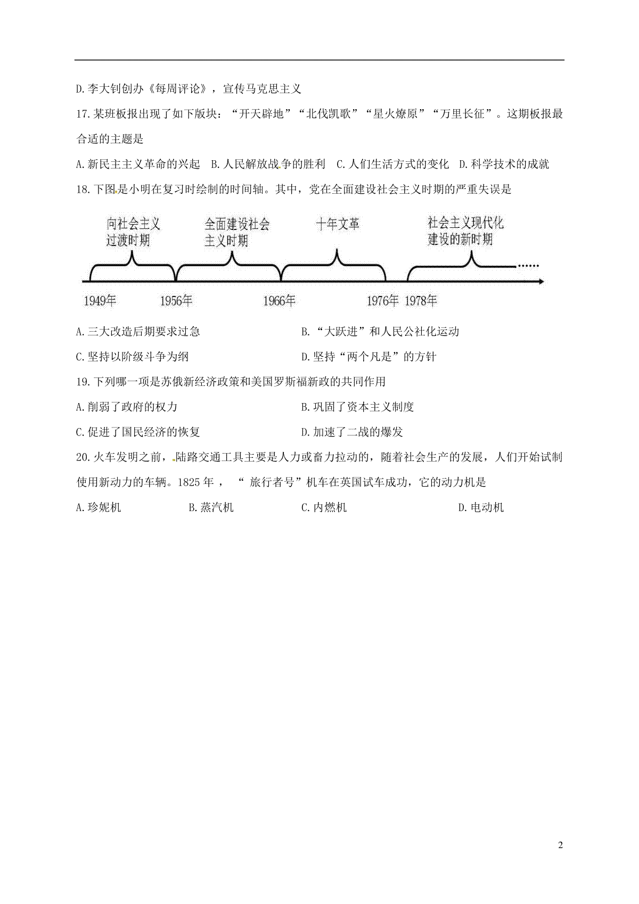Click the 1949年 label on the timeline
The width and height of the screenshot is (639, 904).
point(100,301)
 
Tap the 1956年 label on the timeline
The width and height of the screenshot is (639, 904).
point(176,301)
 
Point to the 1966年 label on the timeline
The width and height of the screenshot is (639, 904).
point(280,301)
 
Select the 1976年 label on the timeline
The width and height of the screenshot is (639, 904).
point(382,301)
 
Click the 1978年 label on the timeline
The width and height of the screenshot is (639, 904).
point(421,301)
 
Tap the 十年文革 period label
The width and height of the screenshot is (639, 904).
point(338,224)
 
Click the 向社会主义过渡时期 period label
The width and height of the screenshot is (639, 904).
point(133,232)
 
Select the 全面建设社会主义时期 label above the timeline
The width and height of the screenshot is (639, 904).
point(237,233)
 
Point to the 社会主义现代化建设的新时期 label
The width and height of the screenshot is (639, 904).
point(465,231)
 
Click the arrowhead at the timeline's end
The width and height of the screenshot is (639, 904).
point(541,281)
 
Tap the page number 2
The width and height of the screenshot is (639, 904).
point(560,845)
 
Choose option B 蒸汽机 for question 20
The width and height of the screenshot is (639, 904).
point(211,507)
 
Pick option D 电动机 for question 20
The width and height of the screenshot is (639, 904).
point(481,507)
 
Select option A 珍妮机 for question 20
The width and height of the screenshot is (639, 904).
point(99,507)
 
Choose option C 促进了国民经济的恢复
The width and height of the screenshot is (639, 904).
point(138,432)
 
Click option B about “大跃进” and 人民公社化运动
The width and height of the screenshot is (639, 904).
point(380,332)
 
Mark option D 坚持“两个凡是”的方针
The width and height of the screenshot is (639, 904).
point(369,357)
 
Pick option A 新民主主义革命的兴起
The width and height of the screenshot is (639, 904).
point(138,164)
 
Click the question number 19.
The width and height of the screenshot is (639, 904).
point(83,382)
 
